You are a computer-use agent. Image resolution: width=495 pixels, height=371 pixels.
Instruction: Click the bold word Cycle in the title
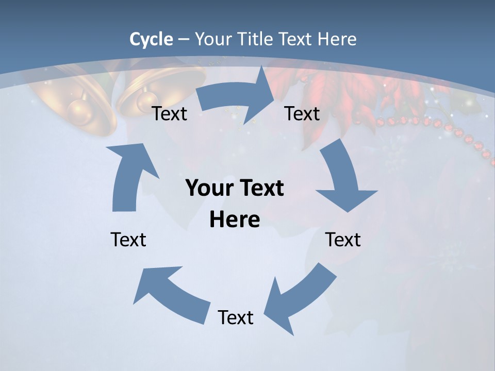pos(151,39)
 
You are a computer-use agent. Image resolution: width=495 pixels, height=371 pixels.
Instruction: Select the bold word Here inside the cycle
pos(235,220)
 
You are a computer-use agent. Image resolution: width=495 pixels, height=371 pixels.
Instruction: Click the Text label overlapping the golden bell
pos(170,114)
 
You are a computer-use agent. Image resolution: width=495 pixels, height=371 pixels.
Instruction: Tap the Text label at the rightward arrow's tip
pos(302,114)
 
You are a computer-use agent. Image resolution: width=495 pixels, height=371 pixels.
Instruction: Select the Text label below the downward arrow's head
pos(343,240)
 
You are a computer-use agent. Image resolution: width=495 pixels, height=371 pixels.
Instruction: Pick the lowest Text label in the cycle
pos(236,317)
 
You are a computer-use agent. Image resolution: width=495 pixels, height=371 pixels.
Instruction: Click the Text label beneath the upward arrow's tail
pos(128,240)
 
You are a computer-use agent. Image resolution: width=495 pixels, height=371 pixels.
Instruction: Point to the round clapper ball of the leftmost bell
pos(79,109)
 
